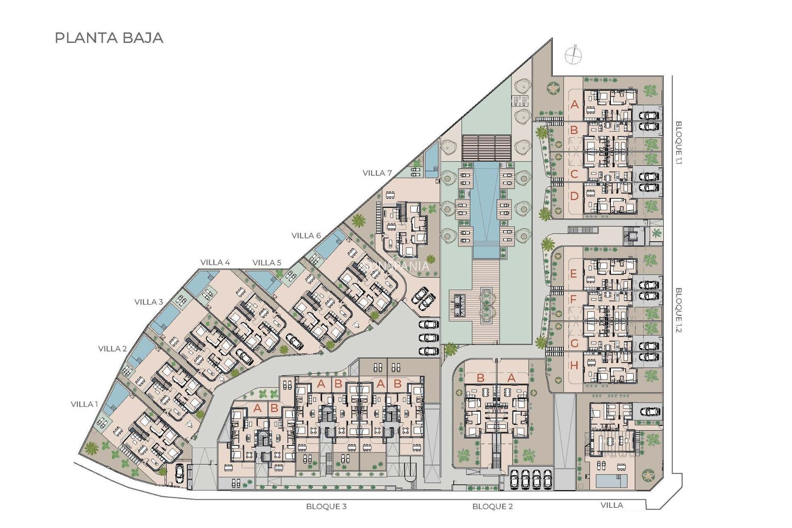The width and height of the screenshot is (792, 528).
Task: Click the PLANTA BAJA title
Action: coord(109,38)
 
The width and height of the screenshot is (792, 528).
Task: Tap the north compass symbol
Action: coord(573,54)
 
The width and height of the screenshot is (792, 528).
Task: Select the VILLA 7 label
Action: coord(377,173)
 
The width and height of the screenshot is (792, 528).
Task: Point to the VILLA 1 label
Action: coord(84,404)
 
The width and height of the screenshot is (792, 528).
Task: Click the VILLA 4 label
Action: coord(215,262)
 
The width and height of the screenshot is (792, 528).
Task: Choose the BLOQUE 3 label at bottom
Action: coord(326,506)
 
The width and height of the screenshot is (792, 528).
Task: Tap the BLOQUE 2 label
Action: coord(493,506)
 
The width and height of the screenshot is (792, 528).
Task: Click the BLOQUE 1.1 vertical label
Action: coord(679,143)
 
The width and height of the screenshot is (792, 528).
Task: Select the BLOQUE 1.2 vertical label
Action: coord(679,310)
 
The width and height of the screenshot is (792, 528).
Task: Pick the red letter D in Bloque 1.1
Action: coord(574,196)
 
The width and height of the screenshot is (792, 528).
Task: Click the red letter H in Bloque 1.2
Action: coord(574,365)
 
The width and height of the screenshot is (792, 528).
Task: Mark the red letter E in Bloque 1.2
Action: coord(574,273)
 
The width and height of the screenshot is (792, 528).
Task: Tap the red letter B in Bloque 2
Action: coord(480,377)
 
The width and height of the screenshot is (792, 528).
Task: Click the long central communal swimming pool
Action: coord(486,206)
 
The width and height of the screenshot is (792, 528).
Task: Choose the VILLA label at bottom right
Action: coord(612,505)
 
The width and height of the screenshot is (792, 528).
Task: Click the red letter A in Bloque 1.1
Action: coord(575,104)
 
